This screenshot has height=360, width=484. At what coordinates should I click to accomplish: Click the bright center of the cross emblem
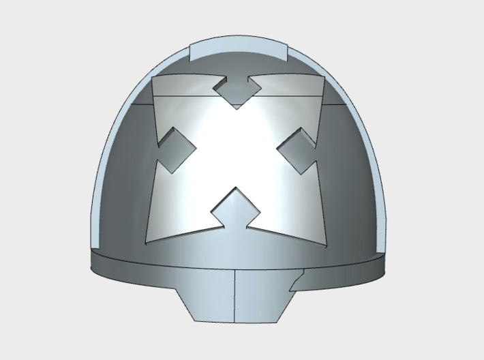(x=236, y=150)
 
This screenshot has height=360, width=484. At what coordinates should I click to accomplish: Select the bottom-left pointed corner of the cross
(x=147, y=240)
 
